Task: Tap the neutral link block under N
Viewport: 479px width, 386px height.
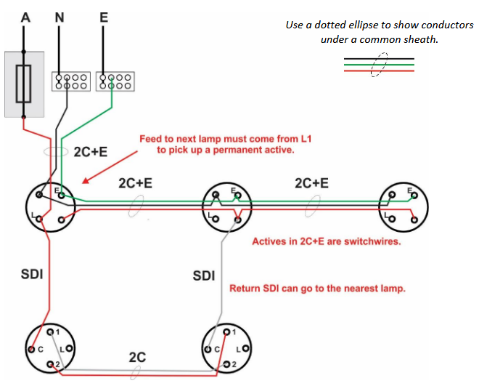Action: coord(70,81)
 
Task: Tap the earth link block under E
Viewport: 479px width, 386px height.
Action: coord(115,81)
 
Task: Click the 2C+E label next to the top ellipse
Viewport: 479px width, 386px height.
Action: coord(91,152)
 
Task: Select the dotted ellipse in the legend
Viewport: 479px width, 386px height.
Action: coord(379,65)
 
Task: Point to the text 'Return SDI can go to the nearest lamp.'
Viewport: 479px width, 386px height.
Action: coord(317,289)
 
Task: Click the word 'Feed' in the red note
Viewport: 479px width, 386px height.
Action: coord(153,138)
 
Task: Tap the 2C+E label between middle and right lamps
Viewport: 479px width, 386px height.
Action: coord(311,183)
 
